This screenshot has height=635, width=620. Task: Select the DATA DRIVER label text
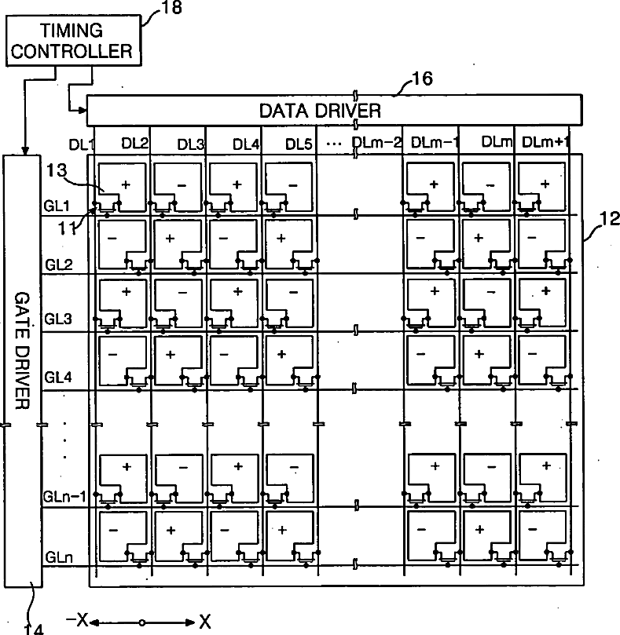332,110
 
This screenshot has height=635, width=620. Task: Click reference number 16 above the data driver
422,78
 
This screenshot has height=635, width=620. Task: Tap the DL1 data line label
81,144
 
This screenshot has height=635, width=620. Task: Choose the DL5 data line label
299,144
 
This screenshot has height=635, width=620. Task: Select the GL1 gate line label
58,206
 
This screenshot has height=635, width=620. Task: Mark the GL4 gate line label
58,376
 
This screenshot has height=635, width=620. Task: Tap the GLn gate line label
57,556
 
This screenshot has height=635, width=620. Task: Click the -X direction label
77,622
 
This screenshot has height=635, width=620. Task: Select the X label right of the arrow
205,622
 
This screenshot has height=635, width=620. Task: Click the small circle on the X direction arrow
142,622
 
